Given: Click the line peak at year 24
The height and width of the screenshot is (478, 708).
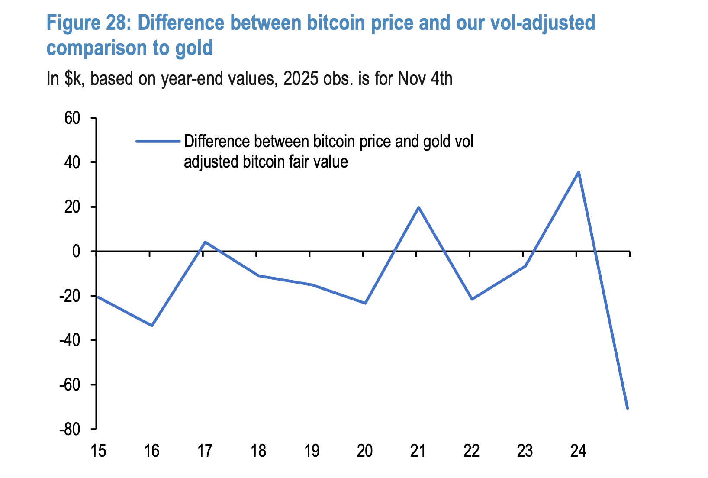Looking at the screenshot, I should tap(579, 172).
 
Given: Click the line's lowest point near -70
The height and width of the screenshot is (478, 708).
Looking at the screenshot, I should tap(627, 408).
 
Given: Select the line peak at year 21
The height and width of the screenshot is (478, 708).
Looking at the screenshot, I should tap(418, 207).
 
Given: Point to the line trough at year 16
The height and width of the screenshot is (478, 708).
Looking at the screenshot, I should tap(152, 325).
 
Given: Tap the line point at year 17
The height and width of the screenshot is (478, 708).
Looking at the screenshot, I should tap(205, 242).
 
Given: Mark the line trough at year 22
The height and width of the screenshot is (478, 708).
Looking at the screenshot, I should tap(472, 299).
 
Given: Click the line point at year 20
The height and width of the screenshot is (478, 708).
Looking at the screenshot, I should tap(365, 303).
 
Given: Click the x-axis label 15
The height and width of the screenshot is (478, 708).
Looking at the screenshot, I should tap(98, 452).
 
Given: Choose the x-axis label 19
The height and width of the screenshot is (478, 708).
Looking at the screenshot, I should tap(312, 452).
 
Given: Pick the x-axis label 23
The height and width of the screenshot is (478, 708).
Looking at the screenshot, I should tap(525, 452).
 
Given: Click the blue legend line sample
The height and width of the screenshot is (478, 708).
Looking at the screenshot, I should tap(158, 141).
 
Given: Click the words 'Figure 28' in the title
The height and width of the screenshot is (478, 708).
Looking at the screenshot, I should tap(88, 23).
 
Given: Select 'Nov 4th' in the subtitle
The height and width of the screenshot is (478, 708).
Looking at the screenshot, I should tap(425, 79).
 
